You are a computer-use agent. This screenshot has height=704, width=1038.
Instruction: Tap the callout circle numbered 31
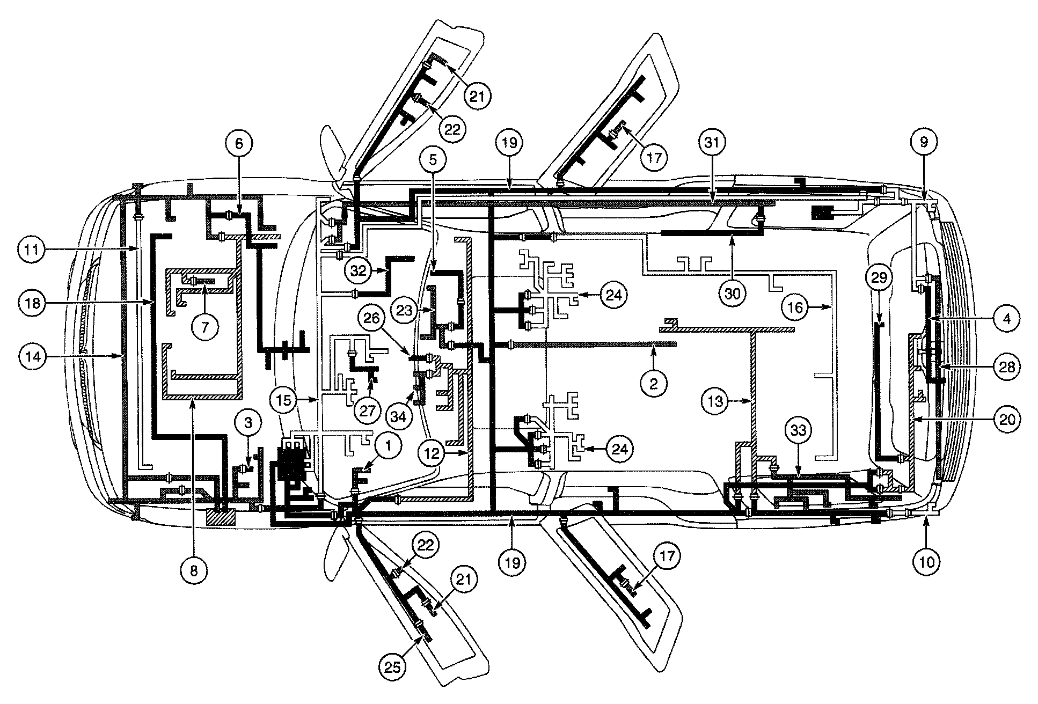click(x=714, y=144)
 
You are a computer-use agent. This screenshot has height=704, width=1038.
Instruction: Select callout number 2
click(x=653, y=384)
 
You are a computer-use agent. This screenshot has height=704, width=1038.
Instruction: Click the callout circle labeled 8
click(x=194, y=571)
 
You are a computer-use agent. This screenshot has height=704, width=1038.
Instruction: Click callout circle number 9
click(x=924, y=142)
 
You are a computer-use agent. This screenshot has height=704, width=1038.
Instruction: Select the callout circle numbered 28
click(x=1006, y=367)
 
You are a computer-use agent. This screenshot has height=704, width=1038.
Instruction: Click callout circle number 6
click(x=239, y=144)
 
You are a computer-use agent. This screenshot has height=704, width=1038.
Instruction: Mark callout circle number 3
click(x=248, y=423)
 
